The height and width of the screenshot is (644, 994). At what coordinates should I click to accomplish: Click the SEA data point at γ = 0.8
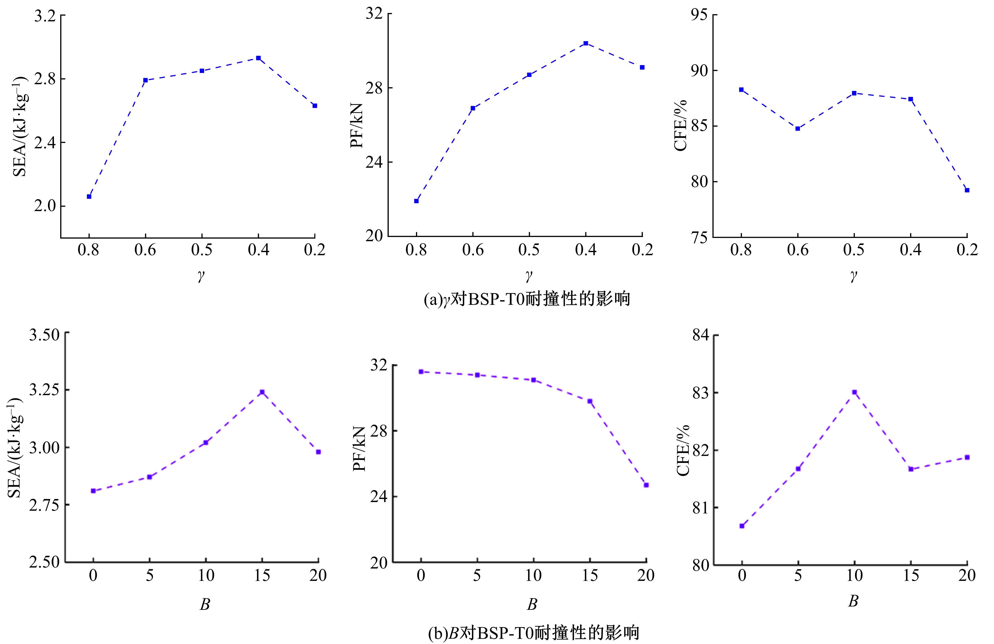coord(89,196)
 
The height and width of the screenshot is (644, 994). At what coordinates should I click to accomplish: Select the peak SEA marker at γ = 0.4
coord(259,58)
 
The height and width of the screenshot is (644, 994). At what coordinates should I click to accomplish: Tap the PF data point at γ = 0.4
coord(586,43)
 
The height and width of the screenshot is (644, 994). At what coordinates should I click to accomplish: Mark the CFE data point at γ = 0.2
coord(967,190)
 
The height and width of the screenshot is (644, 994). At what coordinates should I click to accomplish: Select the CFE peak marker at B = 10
coord(854,392)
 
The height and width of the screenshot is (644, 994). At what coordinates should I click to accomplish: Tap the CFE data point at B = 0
coord(742,526)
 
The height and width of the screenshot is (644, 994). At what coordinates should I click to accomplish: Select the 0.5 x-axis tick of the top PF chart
coord(529,250)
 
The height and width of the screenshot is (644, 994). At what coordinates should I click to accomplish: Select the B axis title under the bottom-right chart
coord(853,601)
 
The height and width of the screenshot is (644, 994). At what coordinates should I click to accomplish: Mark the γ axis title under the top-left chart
coord(201,276)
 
